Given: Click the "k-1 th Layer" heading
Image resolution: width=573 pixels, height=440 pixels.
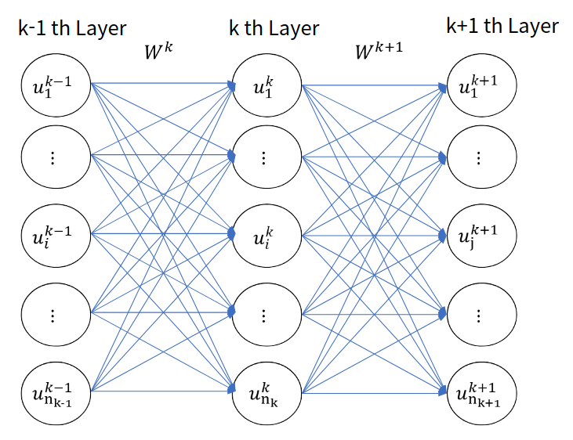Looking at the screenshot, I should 72,29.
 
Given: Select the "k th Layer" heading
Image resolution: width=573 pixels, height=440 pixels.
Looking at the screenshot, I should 274,29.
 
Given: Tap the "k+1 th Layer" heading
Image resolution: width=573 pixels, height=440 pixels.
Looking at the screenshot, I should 502,26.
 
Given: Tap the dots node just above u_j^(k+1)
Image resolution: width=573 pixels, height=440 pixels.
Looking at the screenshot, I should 480,157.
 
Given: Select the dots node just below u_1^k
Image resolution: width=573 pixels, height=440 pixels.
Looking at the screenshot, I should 263,157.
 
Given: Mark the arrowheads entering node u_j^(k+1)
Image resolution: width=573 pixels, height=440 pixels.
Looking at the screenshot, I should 444,234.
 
